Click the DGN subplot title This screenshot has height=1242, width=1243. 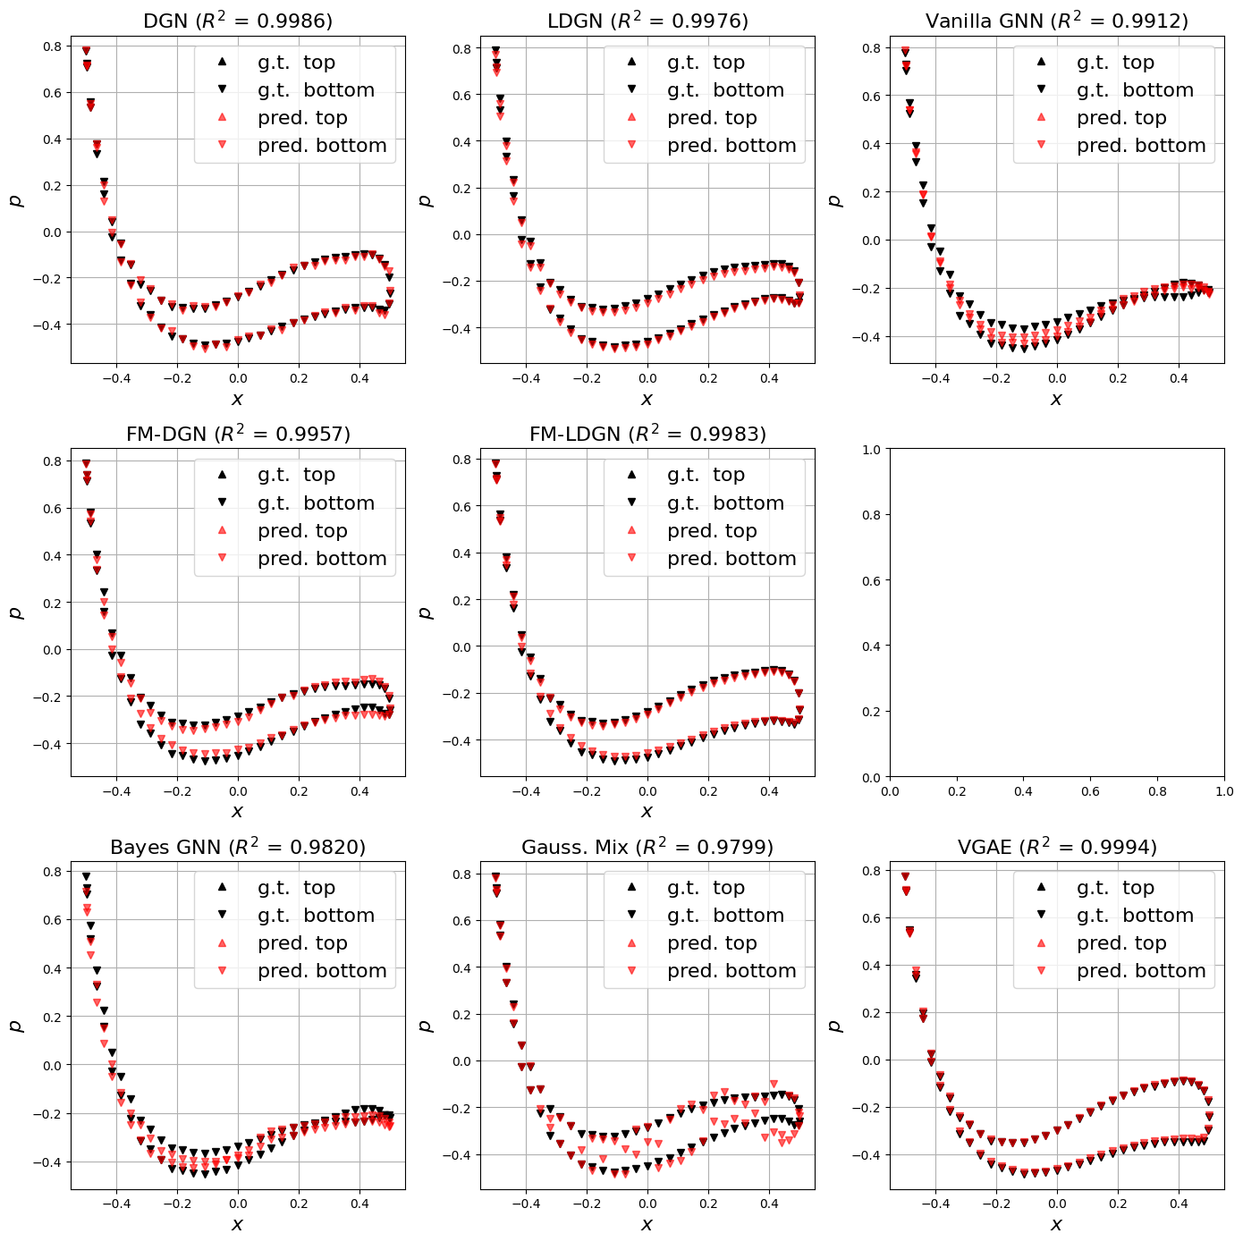(238, 21)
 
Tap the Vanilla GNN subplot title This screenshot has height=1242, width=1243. (1056, 21)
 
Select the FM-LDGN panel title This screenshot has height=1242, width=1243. (647, 434)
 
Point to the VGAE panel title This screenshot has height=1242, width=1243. (1056, 847)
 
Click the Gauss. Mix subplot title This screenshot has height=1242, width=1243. (647, 847)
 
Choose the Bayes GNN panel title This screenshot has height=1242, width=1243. (238, 847)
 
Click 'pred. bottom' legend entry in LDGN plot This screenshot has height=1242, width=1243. (731, 146)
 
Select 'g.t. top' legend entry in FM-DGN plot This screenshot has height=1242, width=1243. (296, 475)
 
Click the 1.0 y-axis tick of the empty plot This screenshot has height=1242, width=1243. (871, 450)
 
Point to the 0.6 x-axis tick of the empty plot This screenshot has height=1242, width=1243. (1090, 791)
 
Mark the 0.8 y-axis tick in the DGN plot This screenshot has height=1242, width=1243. (52, 46)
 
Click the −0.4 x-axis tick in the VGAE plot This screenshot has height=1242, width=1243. (935, 1204)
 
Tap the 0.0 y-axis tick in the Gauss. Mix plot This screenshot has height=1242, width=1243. (461, 1061)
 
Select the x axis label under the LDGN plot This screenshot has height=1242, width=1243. (647, 399)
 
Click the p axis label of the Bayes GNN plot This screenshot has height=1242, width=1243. (16, 1026)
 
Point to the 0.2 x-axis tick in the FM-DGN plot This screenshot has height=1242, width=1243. (299, 791)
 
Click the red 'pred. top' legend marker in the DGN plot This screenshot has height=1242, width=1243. (223, 117)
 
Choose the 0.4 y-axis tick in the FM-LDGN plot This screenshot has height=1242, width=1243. (461, 553)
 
